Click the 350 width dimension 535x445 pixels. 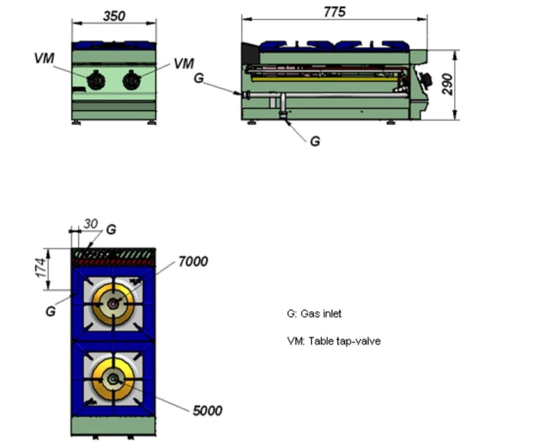pyautogui.click(x=114, y=15)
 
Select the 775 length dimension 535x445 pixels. pyautogui.click(x=335, y=12)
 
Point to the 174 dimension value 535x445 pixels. pyautogui.click(x=41, y=268)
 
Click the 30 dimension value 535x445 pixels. pyautogui.click(x=91, y=224)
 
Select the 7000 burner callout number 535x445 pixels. pyautogui.click(x=193, y=261)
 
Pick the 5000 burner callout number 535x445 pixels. pyautogui.click(x=207, y=411)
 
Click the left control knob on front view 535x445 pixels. pyautogui.click(x=96, y=80)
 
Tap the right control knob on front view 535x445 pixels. pyautogui.click(x=132, y=80)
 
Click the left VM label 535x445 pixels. pyautogui.click(x=44, y=58)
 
